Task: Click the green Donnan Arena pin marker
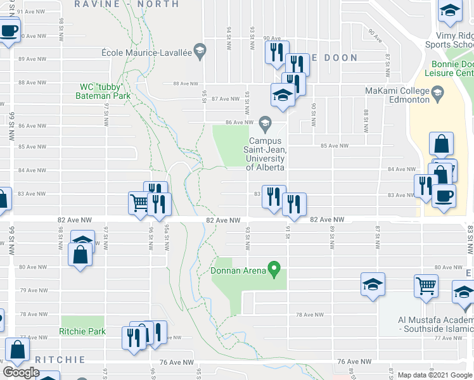point(274,269)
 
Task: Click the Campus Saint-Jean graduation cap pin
point(265,122)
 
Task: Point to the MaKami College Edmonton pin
point(437,95)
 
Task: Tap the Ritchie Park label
point(82,331)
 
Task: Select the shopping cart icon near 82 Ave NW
point(139,202)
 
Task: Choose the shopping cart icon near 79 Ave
point(425,285)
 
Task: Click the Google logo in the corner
point(21,372)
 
